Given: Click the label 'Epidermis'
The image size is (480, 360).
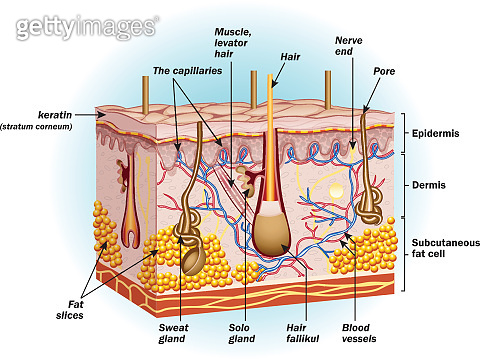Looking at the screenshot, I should click(436, 132).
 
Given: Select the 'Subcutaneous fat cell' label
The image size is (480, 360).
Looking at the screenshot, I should click(445, 249).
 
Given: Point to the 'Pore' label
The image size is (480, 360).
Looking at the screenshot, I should click(384, 72).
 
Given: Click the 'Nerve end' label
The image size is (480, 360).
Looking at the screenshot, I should click(347, 46).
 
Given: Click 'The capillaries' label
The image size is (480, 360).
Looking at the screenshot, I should click(187, 71).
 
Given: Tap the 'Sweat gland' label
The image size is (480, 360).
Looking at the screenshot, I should click(173, 332).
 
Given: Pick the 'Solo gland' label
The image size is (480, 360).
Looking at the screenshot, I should click(241, 332).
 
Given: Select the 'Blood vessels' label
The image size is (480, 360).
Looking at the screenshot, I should click(355, 332).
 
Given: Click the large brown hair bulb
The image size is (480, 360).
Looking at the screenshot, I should click(273, 235).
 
